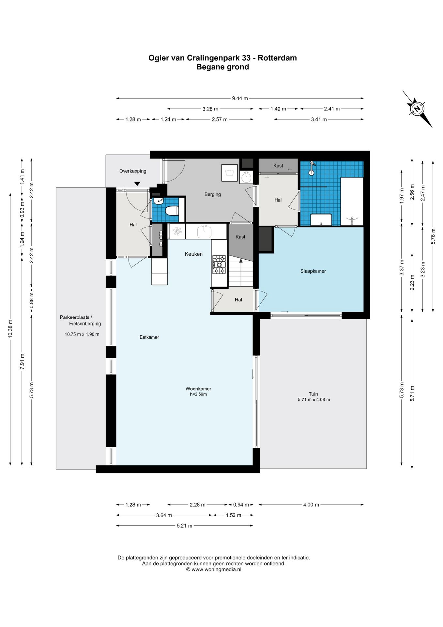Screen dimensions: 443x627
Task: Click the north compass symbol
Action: point(417,109)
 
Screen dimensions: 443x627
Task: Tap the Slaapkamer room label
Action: point(313,271)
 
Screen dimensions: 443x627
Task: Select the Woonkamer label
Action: point(198,389)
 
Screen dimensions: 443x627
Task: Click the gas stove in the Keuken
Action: point(219,265)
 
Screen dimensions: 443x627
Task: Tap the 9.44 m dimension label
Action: point(240,98)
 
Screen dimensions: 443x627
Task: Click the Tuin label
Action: point(313,394)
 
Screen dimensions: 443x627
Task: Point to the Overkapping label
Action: point(133,171)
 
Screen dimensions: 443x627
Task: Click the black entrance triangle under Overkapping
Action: point(137,184)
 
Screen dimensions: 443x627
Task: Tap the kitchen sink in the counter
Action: point(204,232)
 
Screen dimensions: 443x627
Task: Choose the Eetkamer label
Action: point(149,337)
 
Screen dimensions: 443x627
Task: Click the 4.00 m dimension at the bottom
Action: point(311,505)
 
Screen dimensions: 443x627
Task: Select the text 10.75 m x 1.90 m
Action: point(82,334)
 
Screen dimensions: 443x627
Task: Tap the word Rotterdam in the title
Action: point(277,58)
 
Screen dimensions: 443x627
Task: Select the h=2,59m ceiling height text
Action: point(198,394)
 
